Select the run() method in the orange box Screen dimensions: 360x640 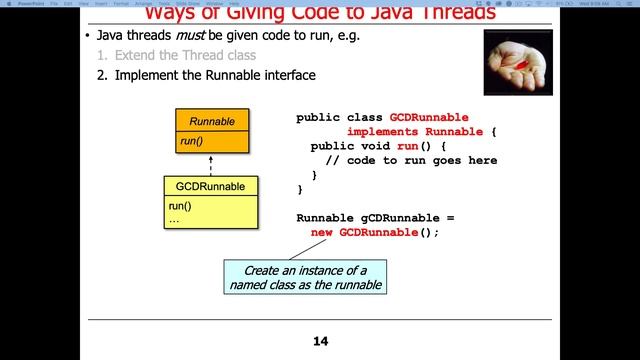[191, 142]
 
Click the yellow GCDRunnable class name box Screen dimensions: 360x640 [211, 187]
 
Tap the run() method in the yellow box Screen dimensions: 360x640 [180, 206]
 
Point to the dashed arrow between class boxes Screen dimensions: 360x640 [211, 165]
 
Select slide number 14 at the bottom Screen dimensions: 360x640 [320, 342]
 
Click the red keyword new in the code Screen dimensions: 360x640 [322, 232]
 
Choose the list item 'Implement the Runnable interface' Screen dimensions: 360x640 [215, 75]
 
